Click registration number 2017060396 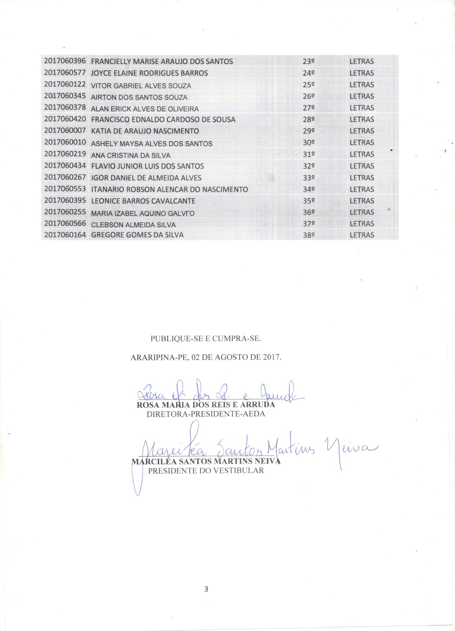click(65, 61)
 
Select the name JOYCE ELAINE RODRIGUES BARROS click(149, 73)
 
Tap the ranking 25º click(309, 85)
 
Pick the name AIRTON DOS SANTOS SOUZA click(139, 97)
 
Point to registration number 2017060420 click(65, 119)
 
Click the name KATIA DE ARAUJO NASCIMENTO click(145, 131)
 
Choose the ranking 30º click(309, 143)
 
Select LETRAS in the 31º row click(362, 154)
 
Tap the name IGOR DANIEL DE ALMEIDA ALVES click(146, 178)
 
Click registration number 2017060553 click(65, 189)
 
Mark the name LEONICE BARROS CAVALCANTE click(143, 201)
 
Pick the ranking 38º click(309, 235)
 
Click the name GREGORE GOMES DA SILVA click(137, 235)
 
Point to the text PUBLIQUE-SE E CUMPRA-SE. click(206, 339)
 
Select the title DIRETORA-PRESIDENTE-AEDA click(206, 414)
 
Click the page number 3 click(206, 589)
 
